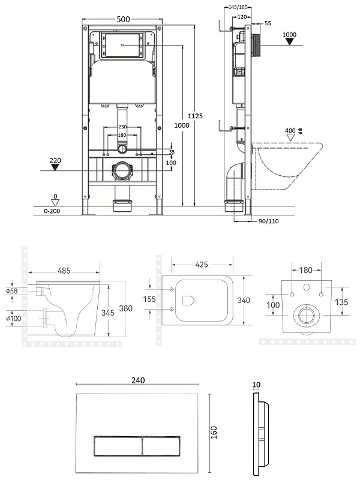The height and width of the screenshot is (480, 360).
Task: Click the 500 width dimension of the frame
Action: click(123, 19)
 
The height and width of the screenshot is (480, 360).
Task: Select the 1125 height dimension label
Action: click(195, 116)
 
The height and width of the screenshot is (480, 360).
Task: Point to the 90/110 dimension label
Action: click(268, 221)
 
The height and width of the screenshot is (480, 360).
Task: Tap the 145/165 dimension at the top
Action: click(238, 7)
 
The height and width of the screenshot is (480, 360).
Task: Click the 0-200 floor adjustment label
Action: click(52, 211)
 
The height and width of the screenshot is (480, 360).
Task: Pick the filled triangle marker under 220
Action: click(55, 167)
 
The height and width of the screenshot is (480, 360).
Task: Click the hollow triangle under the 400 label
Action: click(290, 137)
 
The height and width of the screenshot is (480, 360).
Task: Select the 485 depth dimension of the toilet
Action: click(64, 271)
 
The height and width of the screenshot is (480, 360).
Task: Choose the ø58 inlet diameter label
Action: click(12, 291)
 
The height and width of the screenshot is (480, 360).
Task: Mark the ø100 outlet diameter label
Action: click(13, 319)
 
